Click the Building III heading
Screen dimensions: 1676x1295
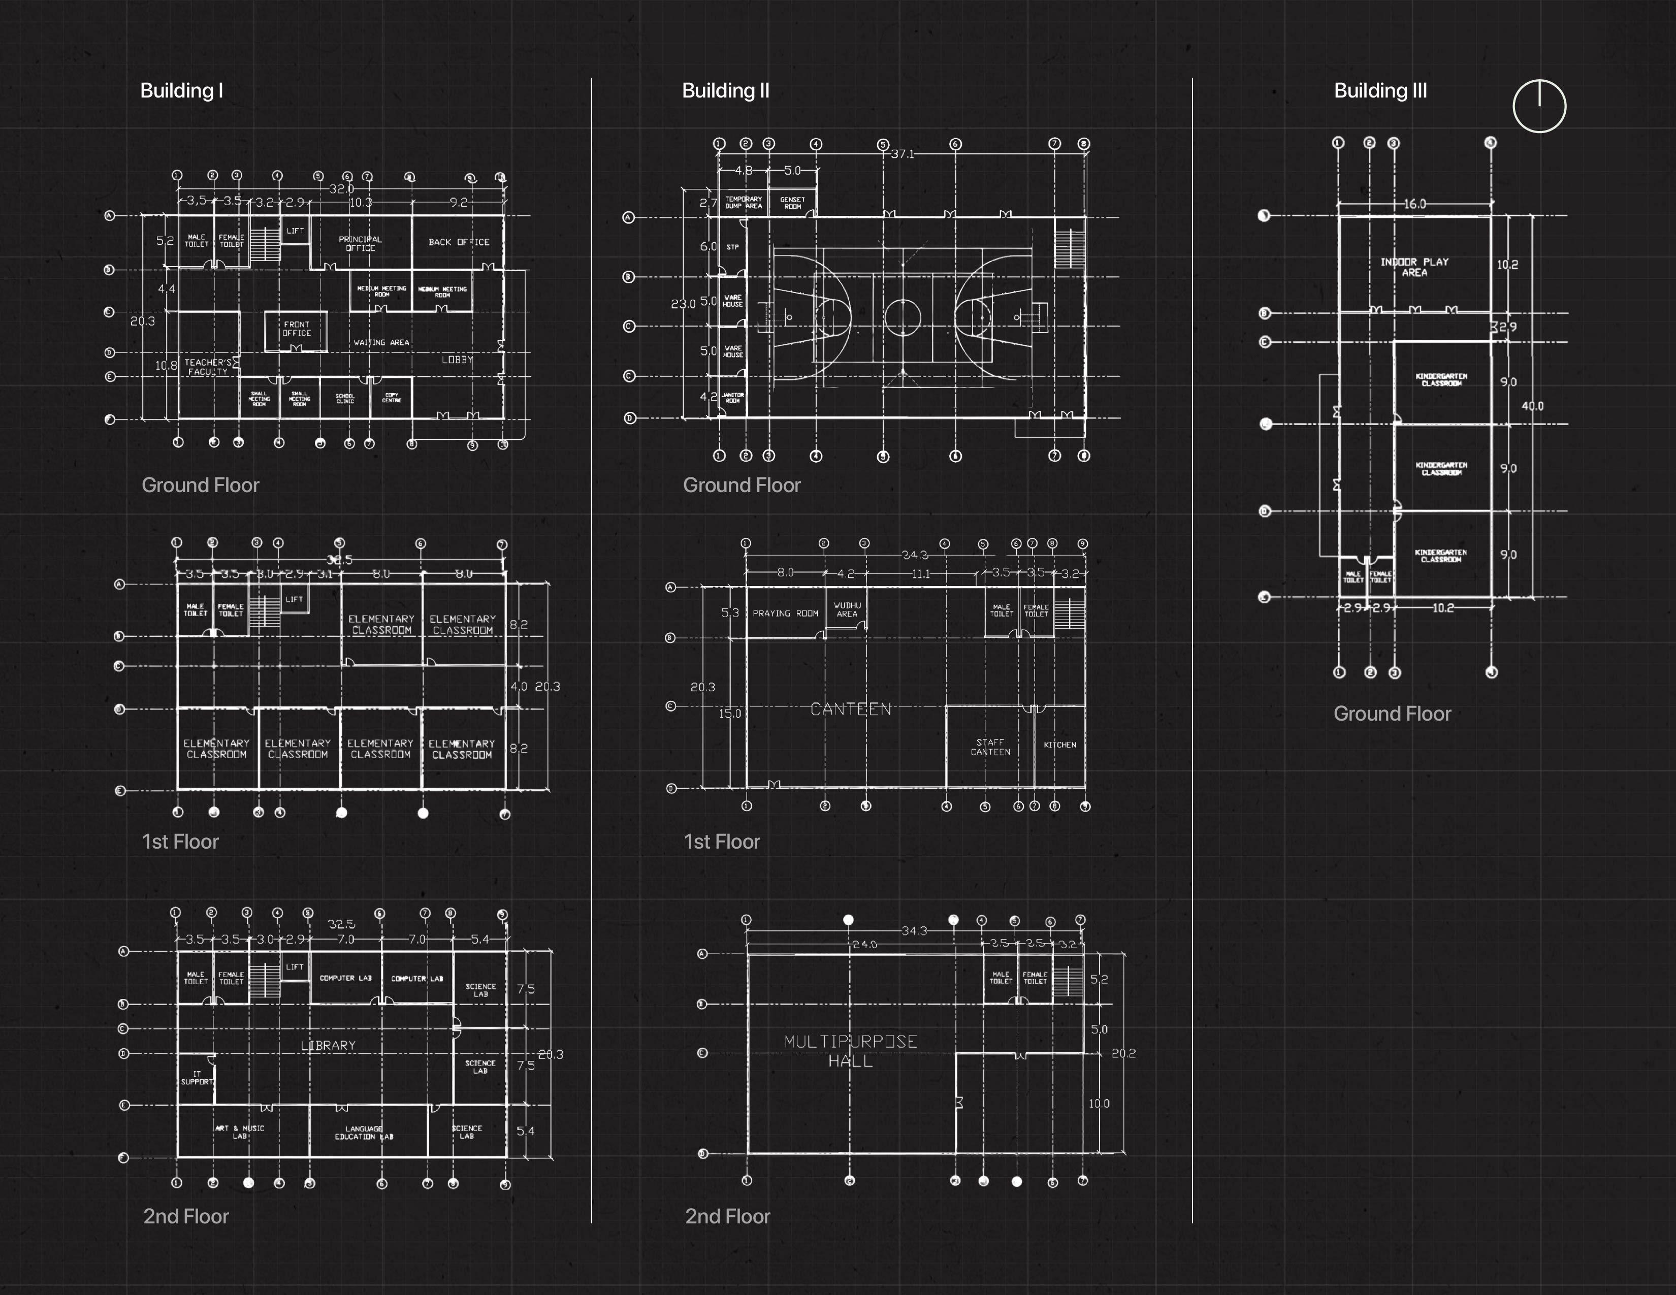(x=1380, y=90)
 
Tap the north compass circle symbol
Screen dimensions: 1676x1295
(x=1539, y=106)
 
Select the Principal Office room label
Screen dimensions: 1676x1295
(x=360, y=243)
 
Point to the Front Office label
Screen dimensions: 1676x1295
(x=296, y=329)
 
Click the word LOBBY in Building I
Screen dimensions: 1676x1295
(x=458, y=359)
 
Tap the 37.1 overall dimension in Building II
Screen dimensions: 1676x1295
(x=903, y=154)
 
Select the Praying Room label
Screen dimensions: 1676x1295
(x=785, y=613)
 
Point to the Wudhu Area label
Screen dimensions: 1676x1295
(x=847, y=609)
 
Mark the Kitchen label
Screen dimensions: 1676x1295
(x=1060, y=744)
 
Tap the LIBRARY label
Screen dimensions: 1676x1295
(x=329, y=1045)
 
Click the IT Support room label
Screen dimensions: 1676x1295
(x=197, y=1078)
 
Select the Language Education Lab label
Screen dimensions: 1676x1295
(x=364, y=1132)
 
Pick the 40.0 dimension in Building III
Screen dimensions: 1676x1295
(x=1532, y=406)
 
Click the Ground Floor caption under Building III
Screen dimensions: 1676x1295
(x=1392, y=714)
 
